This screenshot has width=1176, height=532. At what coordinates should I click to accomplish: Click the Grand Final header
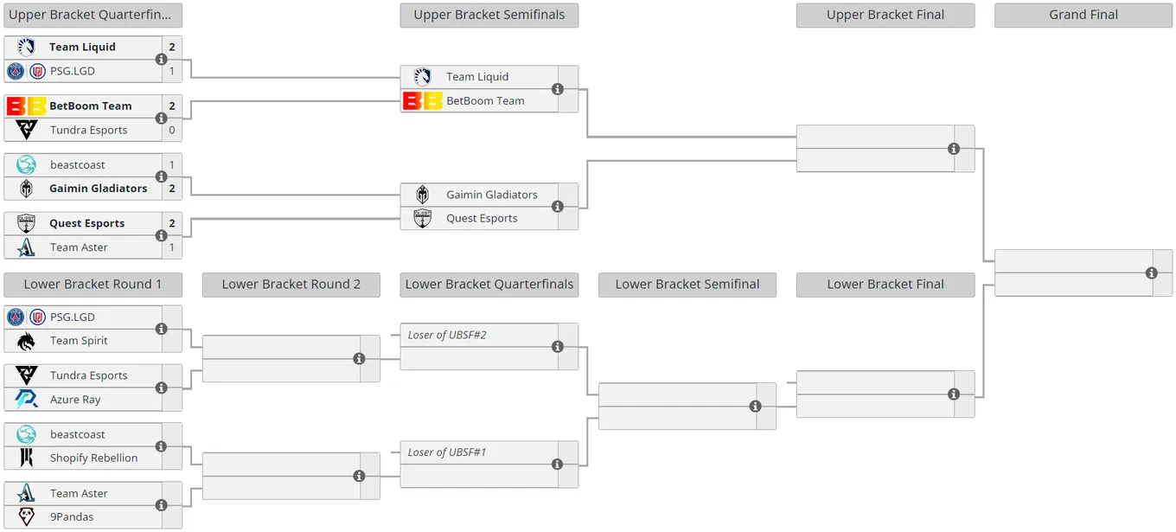(1083, 16)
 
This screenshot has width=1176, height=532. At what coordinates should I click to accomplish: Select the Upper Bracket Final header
(885, 16)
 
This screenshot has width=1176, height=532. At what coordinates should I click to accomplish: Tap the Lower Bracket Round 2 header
(291, 285)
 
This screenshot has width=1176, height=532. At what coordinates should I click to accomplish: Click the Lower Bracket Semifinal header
(687, 285)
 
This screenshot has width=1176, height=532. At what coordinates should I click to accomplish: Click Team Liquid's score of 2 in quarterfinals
(172, 48)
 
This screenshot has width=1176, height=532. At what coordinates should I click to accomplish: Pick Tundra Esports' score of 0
(172, 130)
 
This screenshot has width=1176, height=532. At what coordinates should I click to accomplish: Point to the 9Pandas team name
(72, 516)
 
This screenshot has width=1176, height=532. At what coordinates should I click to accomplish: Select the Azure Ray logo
(26, 399)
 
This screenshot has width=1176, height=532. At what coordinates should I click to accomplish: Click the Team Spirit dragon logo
(26, 341)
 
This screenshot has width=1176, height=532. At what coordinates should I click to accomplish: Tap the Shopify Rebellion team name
(94, 458)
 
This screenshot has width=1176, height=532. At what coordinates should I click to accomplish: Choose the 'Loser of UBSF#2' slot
(447, 335)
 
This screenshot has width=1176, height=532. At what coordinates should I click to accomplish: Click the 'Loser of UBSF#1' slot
(447, 452)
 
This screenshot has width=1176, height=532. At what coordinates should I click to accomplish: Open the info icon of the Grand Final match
(1151, 273)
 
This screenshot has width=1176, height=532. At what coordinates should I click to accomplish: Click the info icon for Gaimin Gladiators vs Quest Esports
(558, 207)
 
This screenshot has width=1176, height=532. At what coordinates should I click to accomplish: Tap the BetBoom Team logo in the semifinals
(423, 101)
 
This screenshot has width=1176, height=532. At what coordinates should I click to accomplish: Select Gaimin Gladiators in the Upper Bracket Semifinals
(492, 195)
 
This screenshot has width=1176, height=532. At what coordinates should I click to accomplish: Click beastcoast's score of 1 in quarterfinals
(172, 165)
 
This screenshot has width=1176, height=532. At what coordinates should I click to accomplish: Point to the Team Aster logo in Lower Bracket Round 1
(26, 494)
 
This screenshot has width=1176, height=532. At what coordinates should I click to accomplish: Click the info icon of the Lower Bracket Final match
(954, 394)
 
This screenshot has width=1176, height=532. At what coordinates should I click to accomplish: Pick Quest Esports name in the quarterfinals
(87, 224)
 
